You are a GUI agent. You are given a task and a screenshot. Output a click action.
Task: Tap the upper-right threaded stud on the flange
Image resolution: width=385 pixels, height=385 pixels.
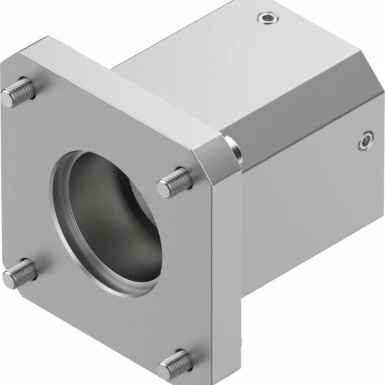tap(174, 183)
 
